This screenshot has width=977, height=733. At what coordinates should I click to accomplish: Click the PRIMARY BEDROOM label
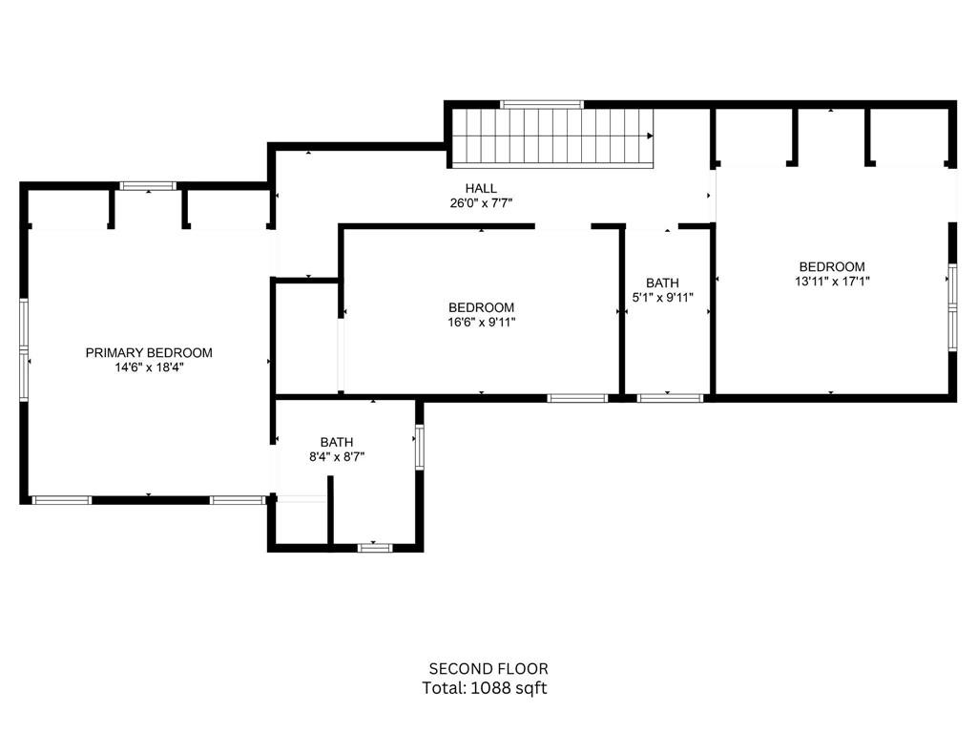click(x=149, y=353)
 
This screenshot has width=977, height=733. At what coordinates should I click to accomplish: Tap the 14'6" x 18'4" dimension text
click(x=149, y=367)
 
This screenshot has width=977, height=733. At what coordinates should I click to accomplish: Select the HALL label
click(x=481, y=188)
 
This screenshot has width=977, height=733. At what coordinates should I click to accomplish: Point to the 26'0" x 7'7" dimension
click(x=481, y=203)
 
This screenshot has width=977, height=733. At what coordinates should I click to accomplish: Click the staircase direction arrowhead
click(x=650, y=136)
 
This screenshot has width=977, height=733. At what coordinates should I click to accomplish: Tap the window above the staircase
click(x=542, y=104)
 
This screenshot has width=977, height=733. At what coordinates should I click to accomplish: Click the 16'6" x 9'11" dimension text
click(x=482, y=323)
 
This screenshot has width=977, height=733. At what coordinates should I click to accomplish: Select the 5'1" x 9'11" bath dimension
click(x=662, y=298)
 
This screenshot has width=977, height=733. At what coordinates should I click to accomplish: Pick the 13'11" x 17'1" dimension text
click(x=832, y=282)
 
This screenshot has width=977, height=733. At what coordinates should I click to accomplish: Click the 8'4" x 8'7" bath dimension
click(x=337, y=457)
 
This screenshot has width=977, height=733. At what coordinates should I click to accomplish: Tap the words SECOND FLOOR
click(x=488, y=669)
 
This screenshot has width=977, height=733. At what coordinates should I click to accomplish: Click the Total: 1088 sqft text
click(x=485, y=688)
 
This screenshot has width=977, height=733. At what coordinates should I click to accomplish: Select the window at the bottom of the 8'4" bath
click(x=375, y=548)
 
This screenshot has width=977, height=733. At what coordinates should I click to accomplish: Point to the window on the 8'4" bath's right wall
click(x=420, y=447)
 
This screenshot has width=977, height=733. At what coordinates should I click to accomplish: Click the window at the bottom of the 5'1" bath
click(x=671, y=398)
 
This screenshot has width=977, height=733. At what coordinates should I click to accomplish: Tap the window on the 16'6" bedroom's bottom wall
click(x=577, y=398)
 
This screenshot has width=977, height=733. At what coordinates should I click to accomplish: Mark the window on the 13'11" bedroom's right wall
click(x=953, y=306)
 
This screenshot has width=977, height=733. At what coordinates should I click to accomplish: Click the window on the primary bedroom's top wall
click(x=148, y=186)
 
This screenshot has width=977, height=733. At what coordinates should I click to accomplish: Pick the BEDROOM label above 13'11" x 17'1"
click(x=832, y=267)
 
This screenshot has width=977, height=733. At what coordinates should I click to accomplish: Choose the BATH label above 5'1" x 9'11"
click(x=662, y=283)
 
